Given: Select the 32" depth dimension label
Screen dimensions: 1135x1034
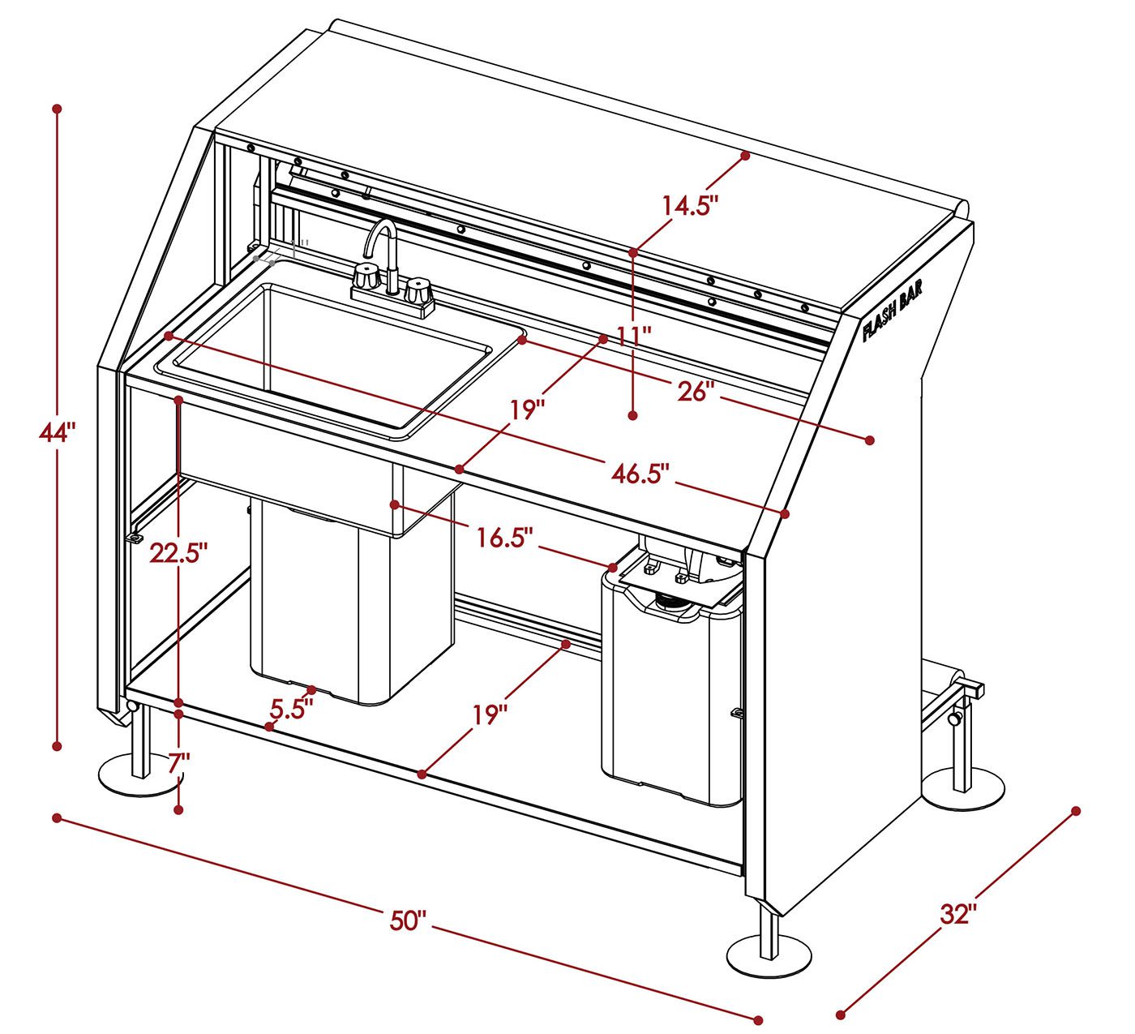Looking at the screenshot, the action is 959,914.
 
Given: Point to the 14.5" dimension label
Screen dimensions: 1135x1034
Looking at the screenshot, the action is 690,205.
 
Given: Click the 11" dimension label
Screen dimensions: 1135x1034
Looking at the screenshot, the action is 634,337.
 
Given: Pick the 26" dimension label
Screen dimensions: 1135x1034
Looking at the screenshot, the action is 696,391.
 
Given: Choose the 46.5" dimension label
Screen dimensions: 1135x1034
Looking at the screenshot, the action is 640,473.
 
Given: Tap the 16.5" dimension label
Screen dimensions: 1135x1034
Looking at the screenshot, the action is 505,538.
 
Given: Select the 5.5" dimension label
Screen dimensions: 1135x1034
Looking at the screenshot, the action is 291,709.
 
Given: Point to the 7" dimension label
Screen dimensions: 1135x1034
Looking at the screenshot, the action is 179,764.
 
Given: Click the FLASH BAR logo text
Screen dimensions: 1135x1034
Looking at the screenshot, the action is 893,311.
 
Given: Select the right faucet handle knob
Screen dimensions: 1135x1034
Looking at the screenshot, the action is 418,290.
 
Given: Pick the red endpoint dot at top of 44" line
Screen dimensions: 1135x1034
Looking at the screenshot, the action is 57,108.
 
